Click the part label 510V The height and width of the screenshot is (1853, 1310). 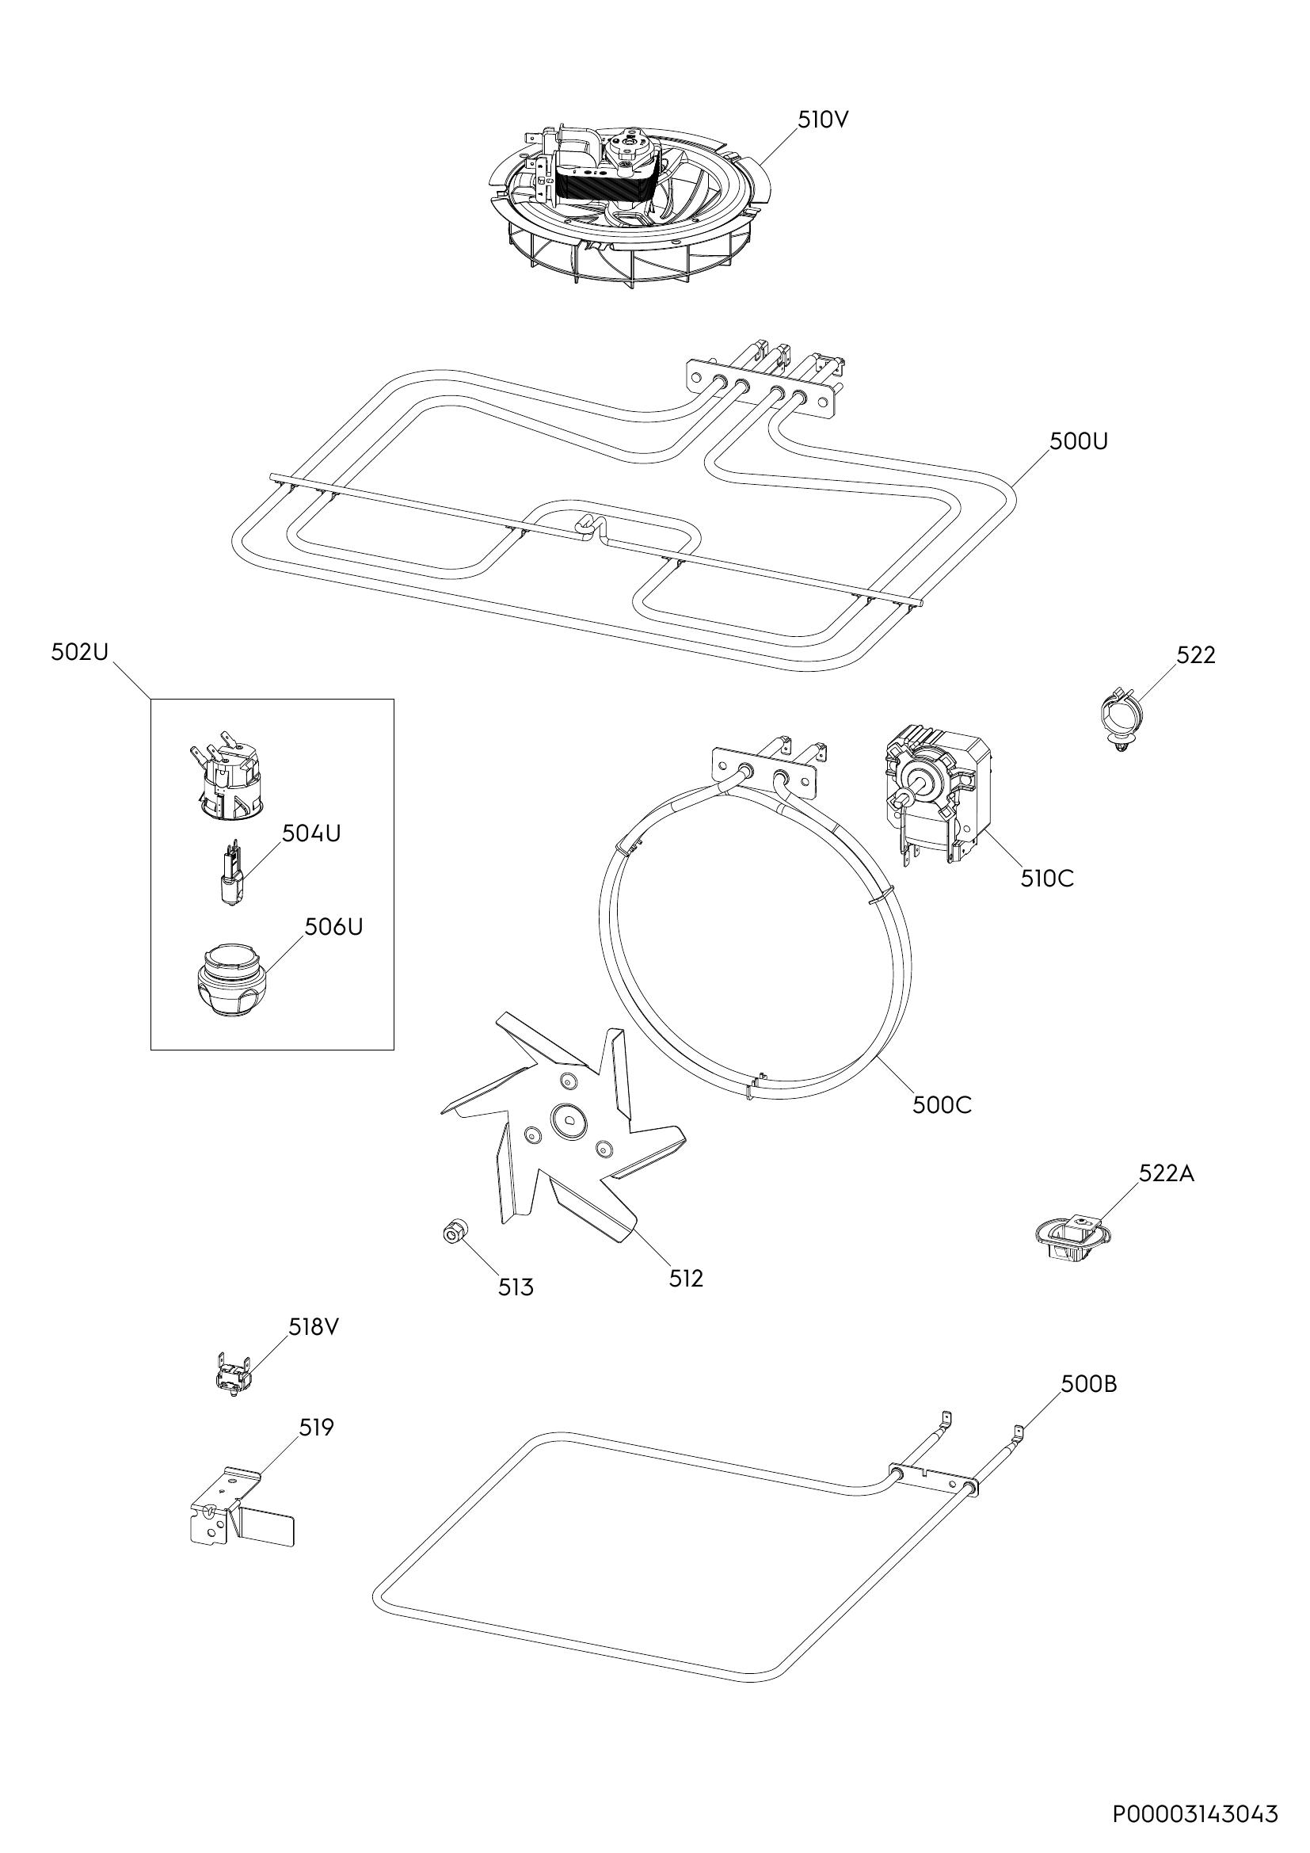[824, 120]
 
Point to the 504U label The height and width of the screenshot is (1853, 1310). [311, 833]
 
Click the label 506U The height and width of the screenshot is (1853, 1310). [334, 928]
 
